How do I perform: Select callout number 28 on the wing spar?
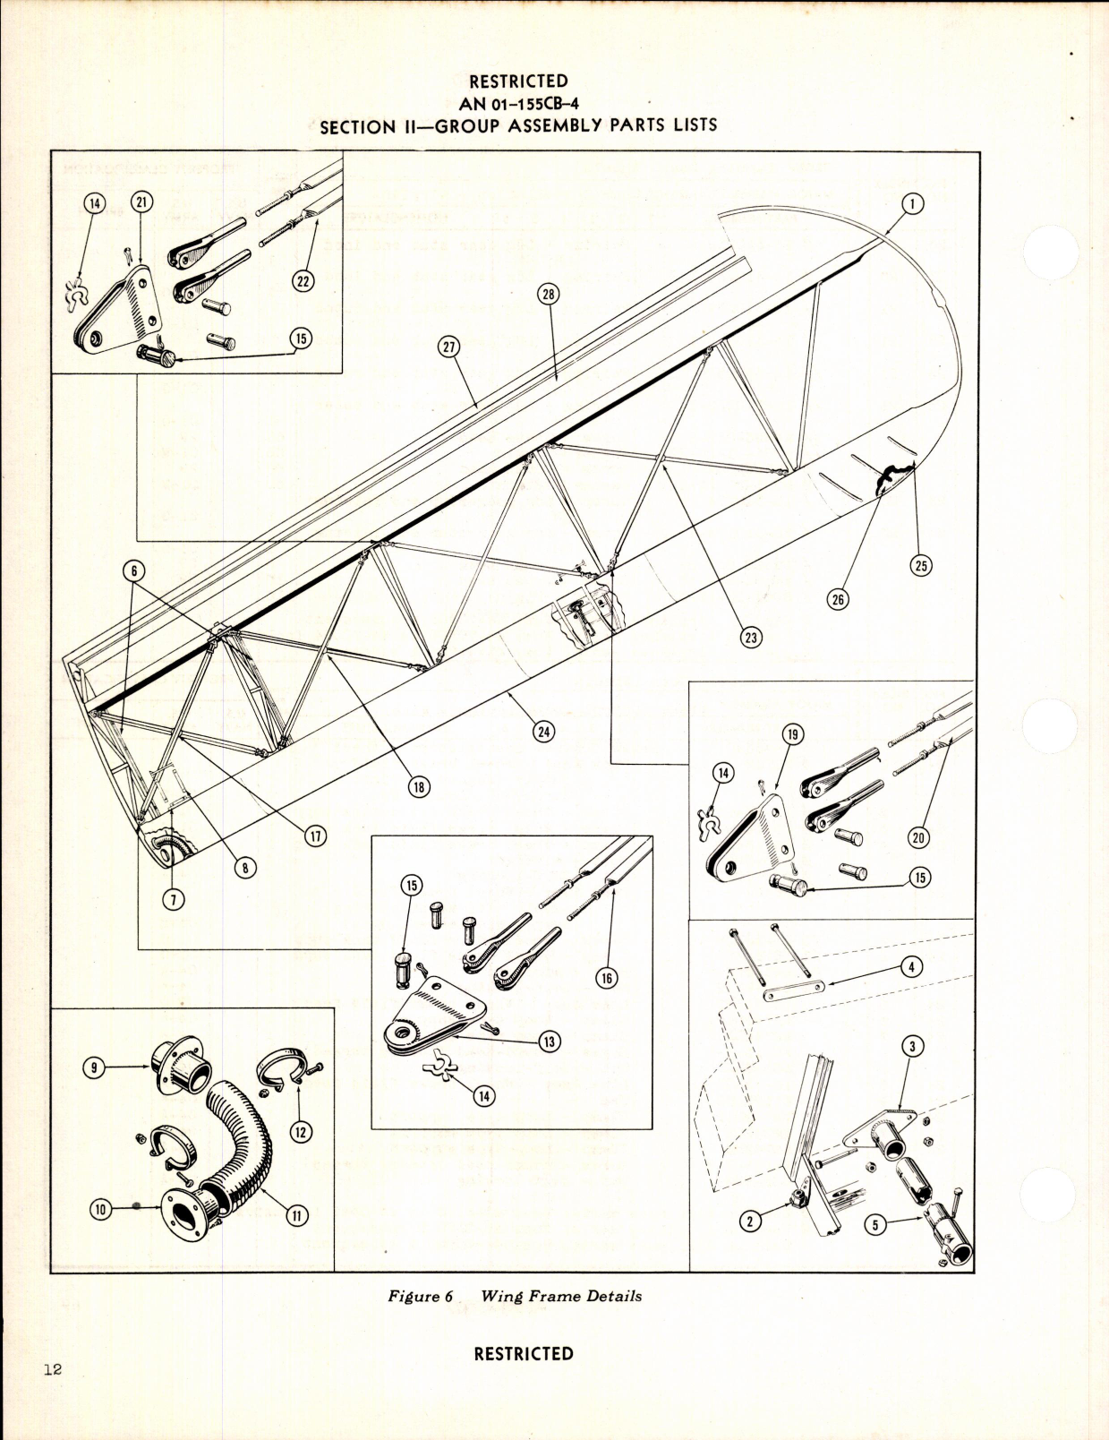tap(549, 293)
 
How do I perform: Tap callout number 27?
tap(449, 347)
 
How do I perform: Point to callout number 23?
tap(750, 637)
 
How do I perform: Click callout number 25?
tap(921, 565)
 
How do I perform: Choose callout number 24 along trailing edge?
tap(542, 731)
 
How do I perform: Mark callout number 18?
tap(419, 786)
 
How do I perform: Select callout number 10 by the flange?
tap(100, 1210)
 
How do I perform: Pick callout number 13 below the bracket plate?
tap(549, 1041)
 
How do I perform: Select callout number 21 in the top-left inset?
tap(141, 203)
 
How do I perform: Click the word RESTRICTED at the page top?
tap(518, 81)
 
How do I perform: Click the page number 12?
tap(51, 1369)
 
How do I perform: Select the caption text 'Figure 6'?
tap(414, 1296)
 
